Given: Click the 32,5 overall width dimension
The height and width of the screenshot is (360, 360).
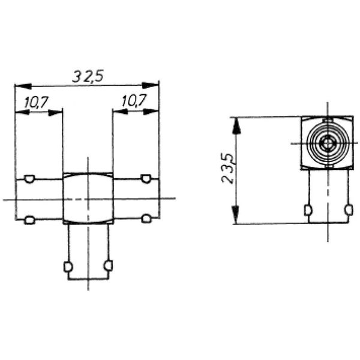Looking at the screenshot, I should point(87,76).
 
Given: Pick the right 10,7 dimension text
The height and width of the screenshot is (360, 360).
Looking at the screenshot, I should point(133,103).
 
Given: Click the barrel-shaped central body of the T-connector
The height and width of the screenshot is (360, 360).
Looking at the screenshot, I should point(88,199).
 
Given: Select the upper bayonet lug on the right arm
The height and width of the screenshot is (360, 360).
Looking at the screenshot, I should point(145,178).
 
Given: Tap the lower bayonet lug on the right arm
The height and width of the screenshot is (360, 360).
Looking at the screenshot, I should point(145,218).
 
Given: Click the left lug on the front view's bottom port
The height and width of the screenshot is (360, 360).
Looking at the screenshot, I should point(68,265).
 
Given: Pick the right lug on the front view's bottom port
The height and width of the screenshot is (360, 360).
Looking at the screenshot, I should point(108,265).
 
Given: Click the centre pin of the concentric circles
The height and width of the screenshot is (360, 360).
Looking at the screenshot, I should point(326,143).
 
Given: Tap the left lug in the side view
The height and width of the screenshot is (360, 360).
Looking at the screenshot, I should point(308,211).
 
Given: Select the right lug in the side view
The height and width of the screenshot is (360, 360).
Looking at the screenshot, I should point(347,210).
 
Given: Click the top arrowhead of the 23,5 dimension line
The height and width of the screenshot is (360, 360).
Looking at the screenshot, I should point(238,124).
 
